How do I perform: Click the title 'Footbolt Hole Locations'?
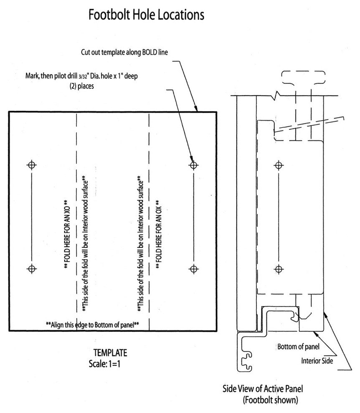[x=146, y=15]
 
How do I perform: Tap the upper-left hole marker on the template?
[x=31, y=165]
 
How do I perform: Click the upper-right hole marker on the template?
[x=193, y=165]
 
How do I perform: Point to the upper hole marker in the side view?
[x=279, y=165]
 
